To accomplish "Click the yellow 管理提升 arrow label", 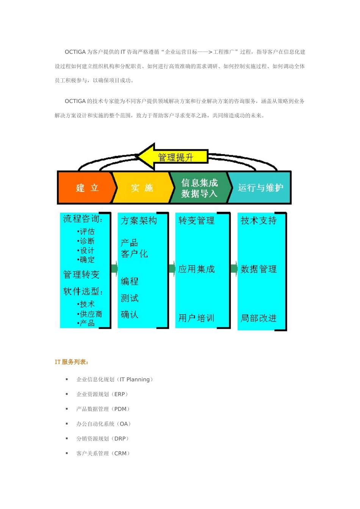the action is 175,157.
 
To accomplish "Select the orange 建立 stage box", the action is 87,188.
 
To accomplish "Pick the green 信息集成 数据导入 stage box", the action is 199,188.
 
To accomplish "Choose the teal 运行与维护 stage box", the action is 260,188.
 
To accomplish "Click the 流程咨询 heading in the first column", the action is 83,219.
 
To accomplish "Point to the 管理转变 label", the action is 81,274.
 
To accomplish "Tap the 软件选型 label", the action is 83,291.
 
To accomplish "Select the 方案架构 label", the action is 139,220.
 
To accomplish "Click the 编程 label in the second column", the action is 130,281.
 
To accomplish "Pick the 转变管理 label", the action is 196,220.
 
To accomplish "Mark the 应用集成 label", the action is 196,269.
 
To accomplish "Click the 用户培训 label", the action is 196,318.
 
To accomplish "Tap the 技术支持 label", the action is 258,220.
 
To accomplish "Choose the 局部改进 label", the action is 258,318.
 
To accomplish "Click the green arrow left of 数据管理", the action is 234,269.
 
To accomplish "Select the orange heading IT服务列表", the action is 72,362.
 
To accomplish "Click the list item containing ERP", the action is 102,394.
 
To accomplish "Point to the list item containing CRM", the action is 103,453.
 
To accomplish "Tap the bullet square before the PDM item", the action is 67,409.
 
